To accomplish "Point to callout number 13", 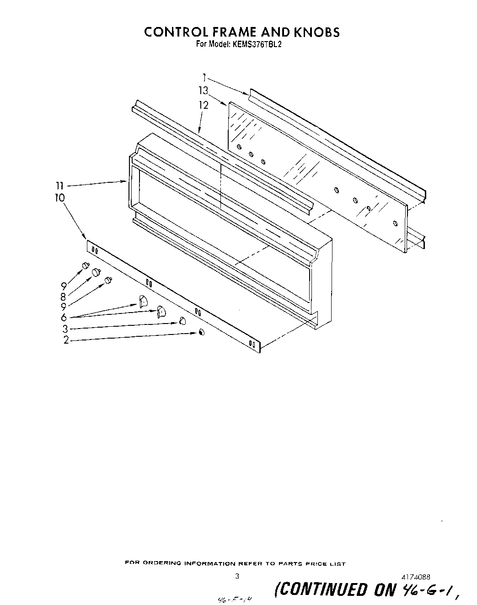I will (203, 90).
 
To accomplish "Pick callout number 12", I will (204, 105).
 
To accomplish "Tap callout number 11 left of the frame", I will (59, 186).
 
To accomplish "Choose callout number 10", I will (60, 198).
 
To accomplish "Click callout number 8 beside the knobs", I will (64, 296).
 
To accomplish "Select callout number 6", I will (64, 318).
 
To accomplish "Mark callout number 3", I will (65, 329).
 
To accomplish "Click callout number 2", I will (66, 340).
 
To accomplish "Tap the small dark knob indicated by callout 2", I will (201, 333).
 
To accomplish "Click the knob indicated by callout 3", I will (182, 321).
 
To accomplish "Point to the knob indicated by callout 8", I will (96, 272).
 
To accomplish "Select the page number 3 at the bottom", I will (237, 577).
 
